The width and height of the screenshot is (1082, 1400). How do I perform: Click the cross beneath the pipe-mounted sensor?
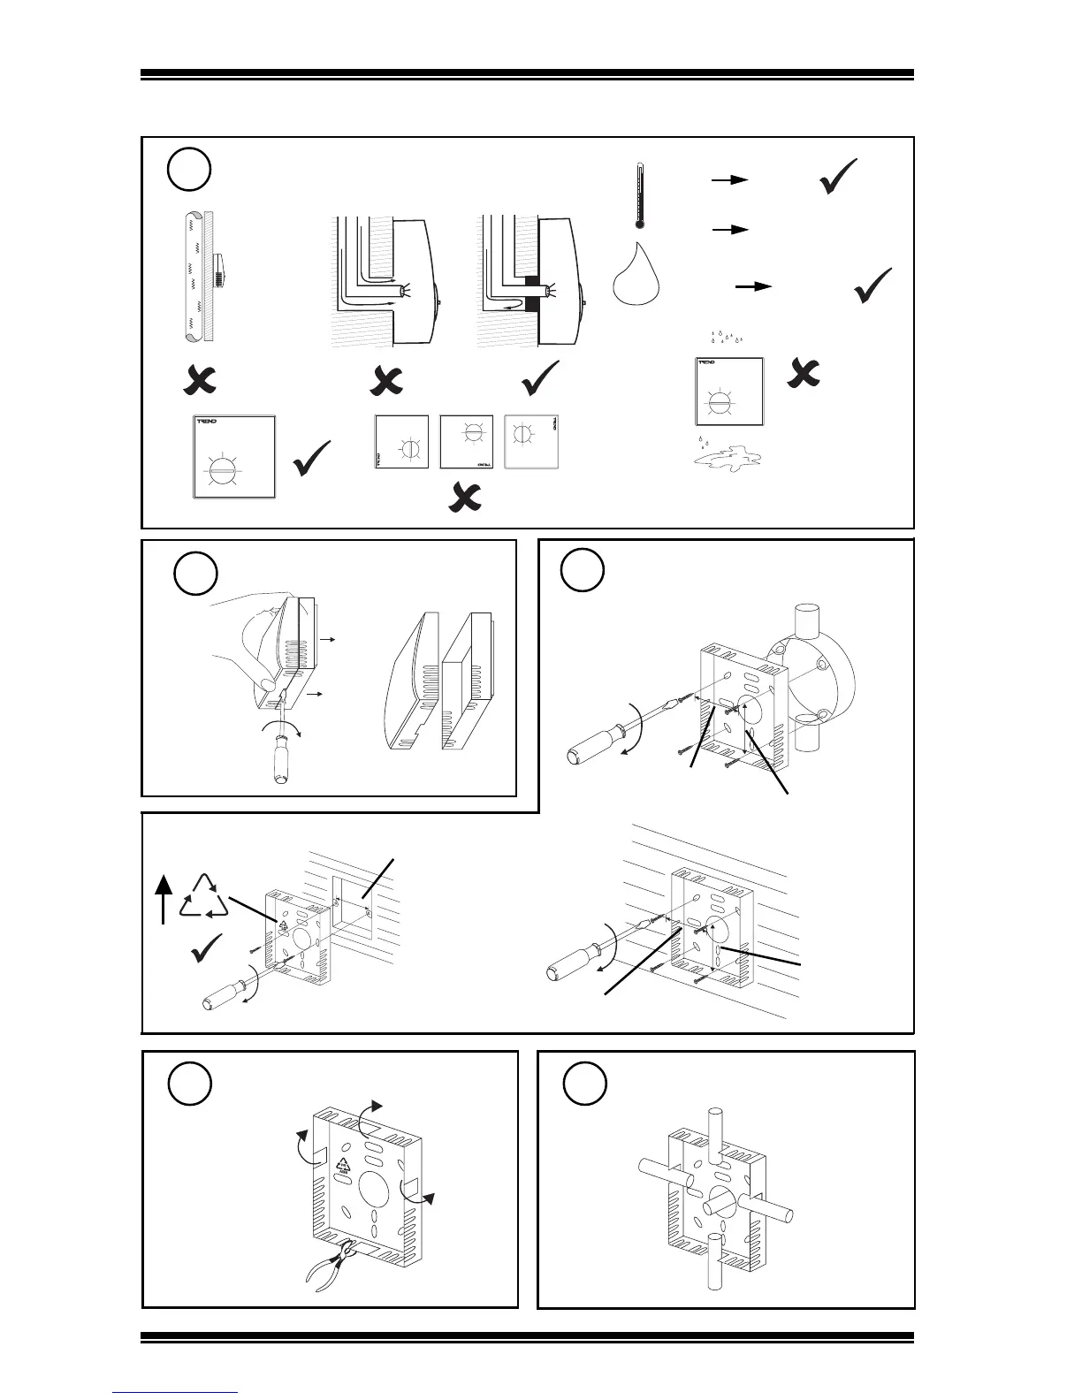pyautogui.click(x=200, y=380)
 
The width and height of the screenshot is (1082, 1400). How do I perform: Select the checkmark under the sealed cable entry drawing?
pyautogui.click(x=541, y=378)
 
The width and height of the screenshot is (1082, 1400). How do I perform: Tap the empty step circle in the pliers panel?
pyautogui.click(x=190, y=1084)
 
